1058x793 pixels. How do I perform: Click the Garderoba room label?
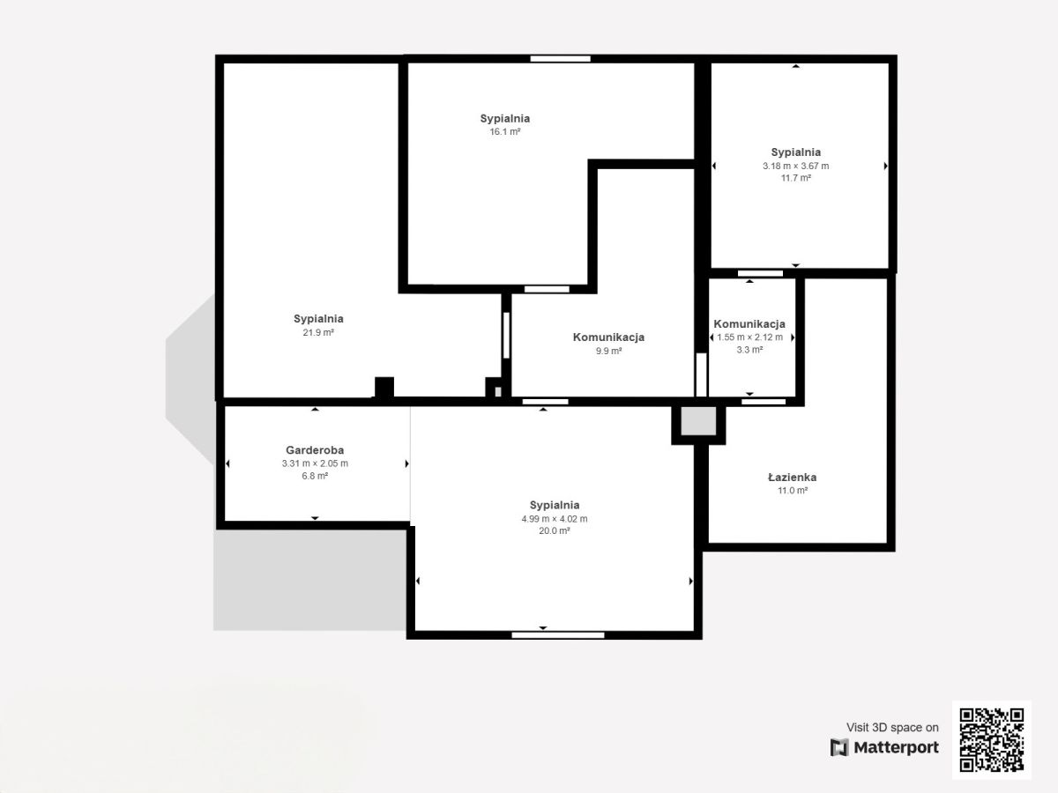coord(315,450)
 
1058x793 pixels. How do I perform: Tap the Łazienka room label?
coord(793,478)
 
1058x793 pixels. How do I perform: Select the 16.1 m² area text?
coord(504,131)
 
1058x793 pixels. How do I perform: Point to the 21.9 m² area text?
coord(318,332)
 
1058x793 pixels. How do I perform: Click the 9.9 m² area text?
coord(608,351)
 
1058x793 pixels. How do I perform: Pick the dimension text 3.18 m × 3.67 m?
coord(796,167)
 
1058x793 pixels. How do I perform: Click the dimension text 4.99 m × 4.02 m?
coord(555,519)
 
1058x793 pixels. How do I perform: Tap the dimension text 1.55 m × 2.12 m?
coord(749,337)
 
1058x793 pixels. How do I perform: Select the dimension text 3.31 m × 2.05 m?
coord(315,463)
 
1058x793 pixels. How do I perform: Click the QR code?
coord(992,739)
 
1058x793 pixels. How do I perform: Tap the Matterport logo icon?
coord(839,747)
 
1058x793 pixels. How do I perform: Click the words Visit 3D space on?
coord(892,727)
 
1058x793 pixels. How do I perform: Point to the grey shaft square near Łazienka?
coord(698,421)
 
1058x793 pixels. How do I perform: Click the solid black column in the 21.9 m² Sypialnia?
coord(384,387)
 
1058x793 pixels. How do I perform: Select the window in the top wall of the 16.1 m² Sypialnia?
coord(560,59)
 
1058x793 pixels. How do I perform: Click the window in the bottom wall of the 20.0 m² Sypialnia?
coord(558,635)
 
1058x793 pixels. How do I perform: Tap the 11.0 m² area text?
coord(793,490)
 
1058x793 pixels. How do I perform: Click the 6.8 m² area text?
coord(315,476)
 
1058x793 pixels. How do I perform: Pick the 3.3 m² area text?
coord(749,350)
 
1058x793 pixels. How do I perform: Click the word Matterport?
coord(896,747)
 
